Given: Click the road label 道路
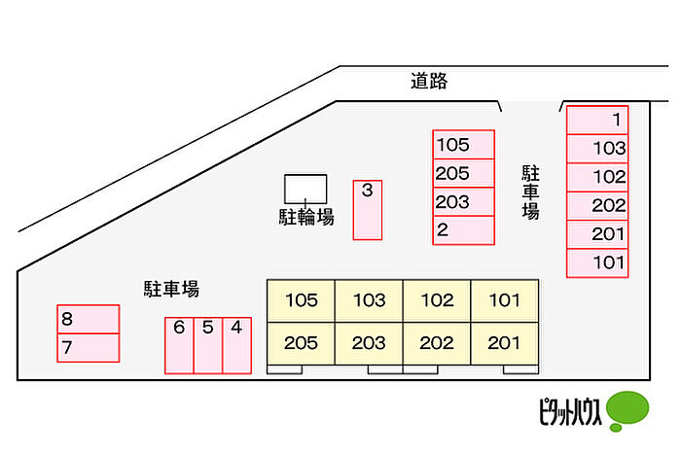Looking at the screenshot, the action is pos(429,81).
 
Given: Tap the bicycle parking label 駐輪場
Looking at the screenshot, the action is pos(306,217).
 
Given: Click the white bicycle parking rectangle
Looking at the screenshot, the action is pos(305,189).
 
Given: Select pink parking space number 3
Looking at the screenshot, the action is pos(368,210).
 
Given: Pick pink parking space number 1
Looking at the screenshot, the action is pos(597,120).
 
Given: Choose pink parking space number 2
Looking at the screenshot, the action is pos(463,230).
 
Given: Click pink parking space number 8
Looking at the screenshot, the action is pos(89,319).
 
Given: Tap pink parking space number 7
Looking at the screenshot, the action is pos(89,348).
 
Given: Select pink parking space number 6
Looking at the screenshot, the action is pos(179,345).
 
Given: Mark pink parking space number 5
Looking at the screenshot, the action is pos(208,345).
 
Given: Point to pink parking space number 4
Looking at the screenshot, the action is pos(236,345).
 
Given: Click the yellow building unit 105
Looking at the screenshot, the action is pos(301,300).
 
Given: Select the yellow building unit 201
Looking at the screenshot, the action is pos(505,343).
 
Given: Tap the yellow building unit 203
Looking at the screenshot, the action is pos(369,343).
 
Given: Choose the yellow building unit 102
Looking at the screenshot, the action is pos(437,300).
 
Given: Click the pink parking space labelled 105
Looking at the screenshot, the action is pos(463,145).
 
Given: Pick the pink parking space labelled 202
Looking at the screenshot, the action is pos(597,206).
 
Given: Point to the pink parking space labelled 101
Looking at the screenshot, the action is pos(597,262).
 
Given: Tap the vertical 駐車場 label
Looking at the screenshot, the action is pos(530,192).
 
